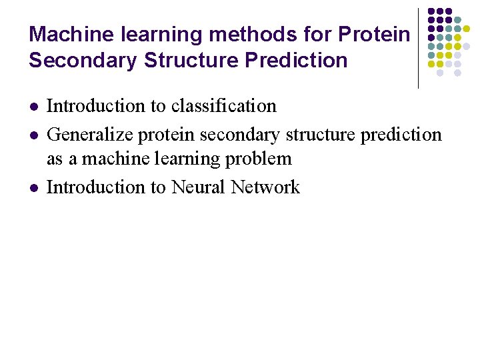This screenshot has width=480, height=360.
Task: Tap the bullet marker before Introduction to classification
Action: (x=33, y=107)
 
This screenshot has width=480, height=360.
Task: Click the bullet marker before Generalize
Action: (x=33, y=135)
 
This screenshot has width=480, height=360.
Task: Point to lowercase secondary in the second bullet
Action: (x=241, y=135)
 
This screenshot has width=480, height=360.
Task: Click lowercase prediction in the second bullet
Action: (x=401, y=135)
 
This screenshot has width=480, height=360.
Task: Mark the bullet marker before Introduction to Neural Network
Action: (x=33, y=188)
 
